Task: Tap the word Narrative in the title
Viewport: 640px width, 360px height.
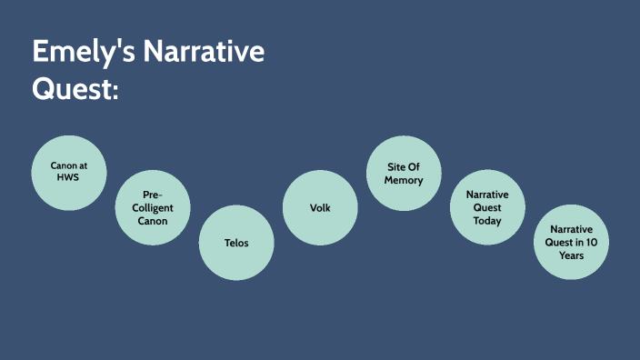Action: pyautogui.click(x=208, y=53)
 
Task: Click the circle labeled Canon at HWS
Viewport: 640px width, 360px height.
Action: pyautogui.click(x=68, y=172)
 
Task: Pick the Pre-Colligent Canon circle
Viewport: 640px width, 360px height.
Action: pyautogui.click(x=152, y=207)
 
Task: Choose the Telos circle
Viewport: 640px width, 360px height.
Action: pyautogui.click(x=236, y=243)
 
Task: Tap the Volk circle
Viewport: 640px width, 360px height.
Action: pyautogui.click(x=320, y=207)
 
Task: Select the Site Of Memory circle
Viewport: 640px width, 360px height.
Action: pyautogui.click(x=404, y=173)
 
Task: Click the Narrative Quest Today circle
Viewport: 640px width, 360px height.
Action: pyautogui.click(x=487, y=207)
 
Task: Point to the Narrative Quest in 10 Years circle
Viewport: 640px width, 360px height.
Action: pyautogui.click(x=571, y=243)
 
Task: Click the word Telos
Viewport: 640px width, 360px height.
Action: pyautogui.click(x=236, y=243)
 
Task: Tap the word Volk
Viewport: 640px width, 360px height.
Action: pyautogui.click(x=320, y=208)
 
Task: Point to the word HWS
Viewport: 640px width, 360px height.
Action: pyautogui.click(x=68, y=179)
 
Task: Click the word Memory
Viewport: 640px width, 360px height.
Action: pyautogui.click(x=404, y=180)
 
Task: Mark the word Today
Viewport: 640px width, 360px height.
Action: pyautogui.click(x=487, y=221)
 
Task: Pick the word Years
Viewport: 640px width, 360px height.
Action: pyautogui.click(x=571, y=255)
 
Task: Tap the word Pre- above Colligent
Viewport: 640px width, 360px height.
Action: pyautogui.click(x=152, y=195)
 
